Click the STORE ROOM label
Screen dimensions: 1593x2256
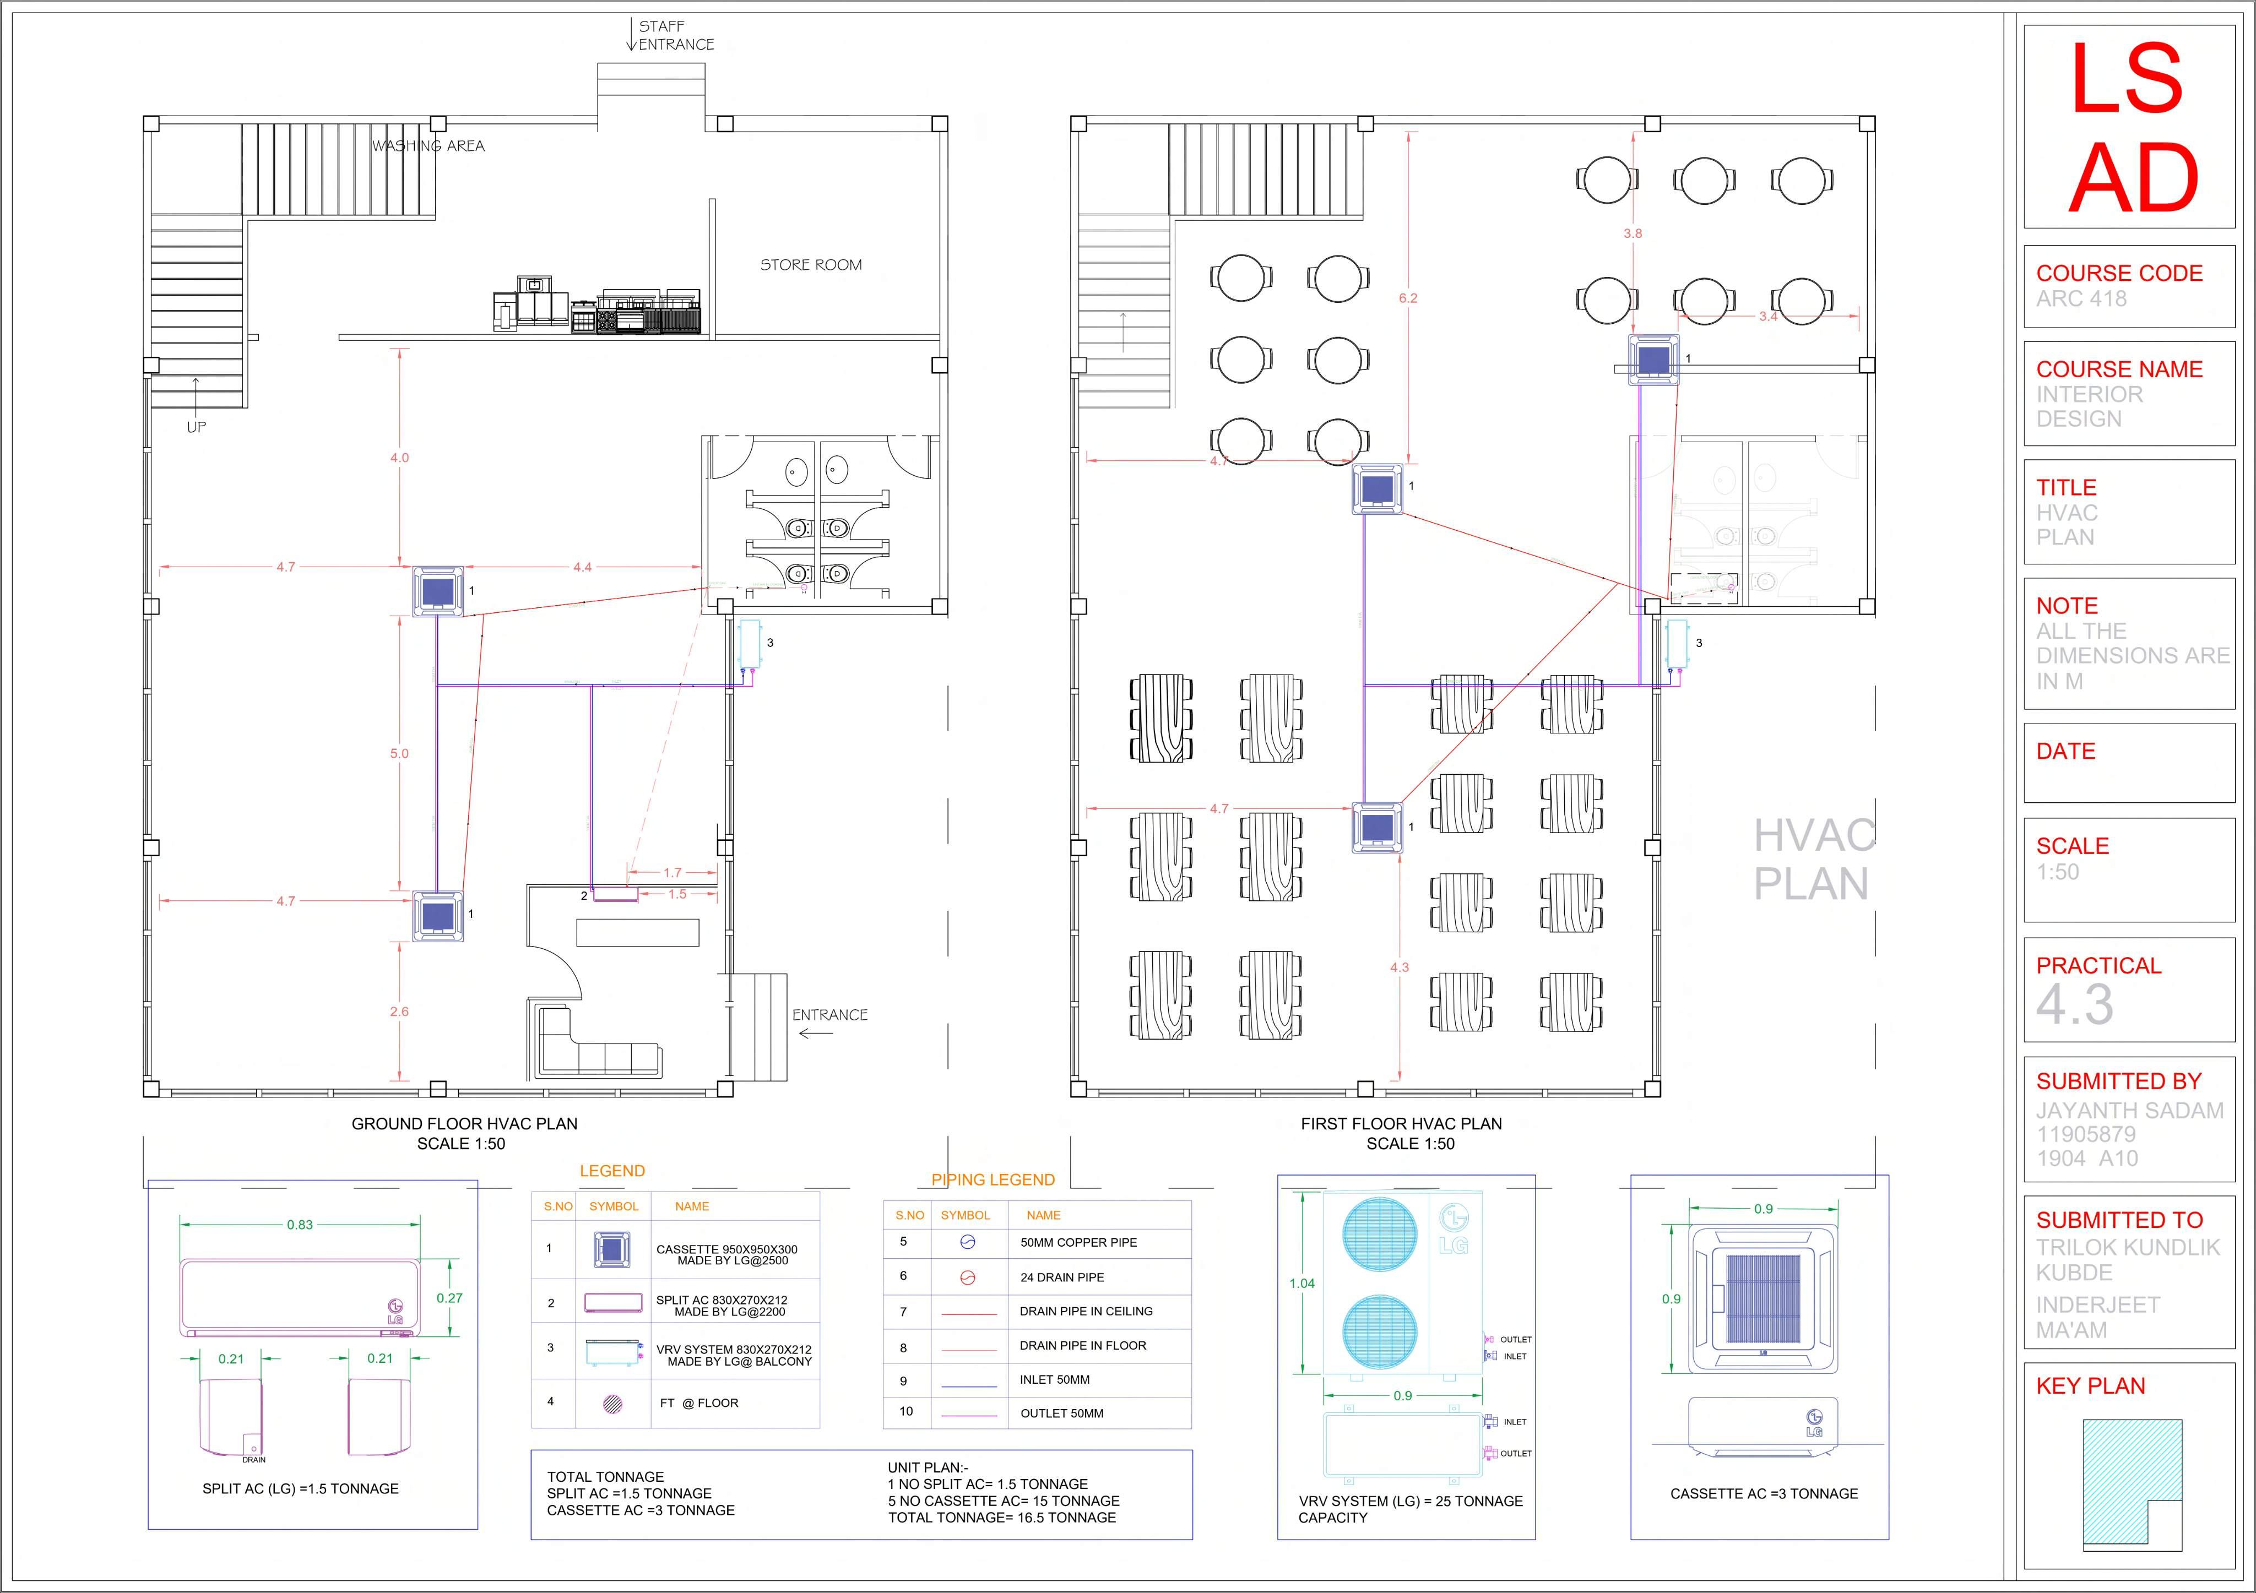(811, 265)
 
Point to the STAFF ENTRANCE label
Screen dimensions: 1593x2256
(675, 35)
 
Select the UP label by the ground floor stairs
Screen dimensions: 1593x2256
(197, 427)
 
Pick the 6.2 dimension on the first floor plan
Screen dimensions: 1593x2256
(1408, 297)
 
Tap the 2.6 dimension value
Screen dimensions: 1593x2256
(399, 1012)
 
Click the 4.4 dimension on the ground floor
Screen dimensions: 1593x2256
(583, 567)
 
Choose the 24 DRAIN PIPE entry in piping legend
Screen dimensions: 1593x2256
(1062, 1277)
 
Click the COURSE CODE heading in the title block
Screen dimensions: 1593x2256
(2119, 273)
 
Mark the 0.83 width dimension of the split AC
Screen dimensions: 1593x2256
(300, 1225)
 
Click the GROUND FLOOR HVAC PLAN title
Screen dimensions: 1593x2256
(465, 1123)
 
